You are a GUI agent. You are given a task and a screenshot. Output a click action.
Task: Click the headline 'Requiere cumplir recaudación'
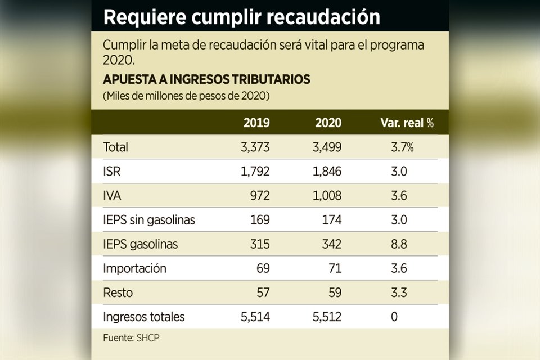[242, 17]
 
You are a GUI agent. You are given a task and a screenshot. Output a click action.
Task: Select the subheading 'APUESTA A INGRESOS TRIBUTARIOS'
[206, 79]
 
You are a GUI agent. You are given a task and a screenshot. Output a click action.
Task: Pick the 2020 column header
[328, 123]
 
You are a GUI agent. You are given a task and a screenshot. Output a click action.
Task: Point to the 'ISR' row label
[112, 172]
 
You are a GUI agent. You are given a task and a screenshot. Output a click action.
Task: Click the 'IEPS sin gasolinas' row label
[149, 220]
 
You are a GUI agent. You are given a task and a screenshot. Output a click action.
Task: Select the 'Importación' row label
[135, 268]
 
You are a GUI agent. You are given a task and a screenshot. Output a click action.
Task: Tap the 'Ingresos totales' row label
[144, 317]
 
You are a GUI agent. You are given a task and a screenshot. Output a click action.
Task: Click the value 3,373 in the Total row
[255, 147]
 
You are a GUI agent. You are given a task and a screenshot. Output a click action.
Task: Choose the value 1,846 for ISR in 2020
[327, 172]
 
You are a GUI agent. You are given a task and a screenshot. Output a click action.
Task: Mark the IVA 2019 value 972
[259, 196]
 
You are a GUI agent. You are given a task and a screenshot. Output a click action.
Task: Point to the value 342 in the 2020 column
[331, 244]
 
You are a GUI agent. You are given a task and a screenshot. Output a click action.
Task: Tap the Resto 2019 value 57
[263, 292]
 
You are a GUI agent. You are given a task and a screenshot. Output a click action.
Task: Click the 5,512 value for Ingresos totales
[327, 317]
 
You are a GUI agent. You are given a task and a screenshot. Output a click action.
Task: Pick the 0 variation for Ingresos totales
[394, 317]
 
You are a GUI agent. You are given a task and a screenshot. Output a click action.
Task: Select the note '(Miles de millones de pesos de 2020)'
[186, 96]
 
